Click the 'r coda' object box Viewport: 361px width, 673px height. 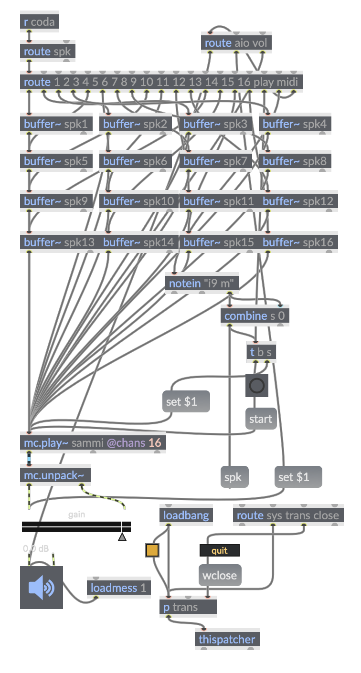tap(39, 22)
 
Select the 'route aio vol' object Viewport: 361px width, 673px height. tap(236, 43)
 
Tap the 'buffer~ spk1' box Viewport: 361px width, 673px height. tap(56, 124)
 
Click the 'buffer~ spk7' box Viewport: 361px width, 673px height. tap(215, 161)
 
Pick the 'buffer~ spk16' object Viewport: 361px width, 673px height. tap(298, 242)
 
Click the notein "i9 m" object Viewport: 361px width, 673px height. tap(201, 284)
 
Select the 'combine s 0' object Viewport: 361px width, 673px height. tap(255, 316)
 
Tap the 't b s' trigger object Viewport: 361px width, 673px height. tap(261, 352)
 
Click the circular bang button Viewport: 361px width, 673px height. tap(257, 386)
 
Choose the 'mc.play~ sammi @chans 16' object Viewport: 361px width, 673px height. tap(93, 443)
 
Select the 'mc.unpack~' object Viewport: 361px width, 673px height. tap(55, 475)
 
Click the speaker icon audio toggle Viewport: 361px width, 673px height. tap(41, 588)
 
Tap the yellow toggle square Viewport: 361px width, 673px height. tap(152, 550)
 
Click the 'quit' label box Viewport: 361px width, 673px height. tap(219, 551)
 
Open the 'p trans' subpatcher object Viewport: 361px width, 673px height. tap(188, 607)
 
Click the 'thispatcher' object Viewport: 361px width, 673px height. tap(227, 640)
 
